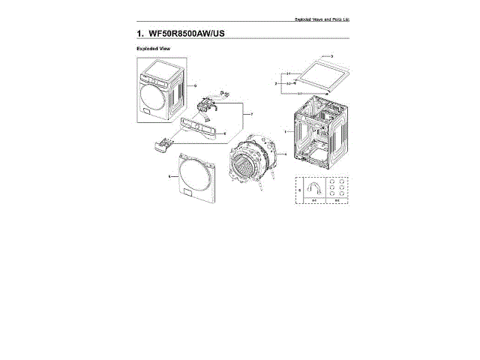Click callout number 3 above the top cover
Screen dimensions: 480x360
331,57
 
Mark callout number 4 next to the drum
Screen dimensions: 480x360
286,155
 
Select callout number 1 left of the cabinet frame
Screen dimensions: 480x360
284,131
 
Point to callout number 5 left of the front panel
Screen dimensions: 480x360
169,176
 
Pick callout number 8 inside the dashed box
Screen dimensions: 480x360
300,190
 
